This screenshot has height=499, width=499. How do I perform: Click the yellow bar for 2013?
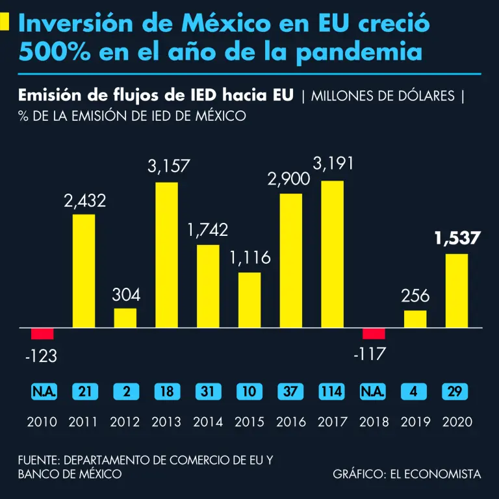click(166, 255)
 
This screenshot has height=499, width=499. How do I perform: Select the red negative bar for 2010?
click(42, 334)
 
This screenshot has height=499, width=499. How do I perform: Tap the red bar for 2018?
click(374, 334)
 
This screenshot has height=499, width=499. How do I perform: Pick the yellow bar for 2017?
click(333, 254)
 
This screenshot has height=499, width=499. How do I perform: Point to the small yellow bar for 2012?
click(125, 318)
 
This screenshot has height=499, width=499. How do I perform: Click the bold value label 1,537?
click(457, 238)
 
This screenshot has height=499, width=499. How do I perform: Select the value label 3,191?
click(333, 164)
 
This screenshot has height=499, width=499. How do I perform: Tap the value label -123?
click(42, 356)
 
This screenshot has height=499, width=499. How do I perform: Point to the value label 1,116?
click(249, 258)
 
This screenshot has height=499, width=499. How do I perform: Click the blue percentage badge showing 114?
click(332, 392)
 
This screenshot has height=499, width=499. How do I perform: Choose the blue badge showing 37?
click(291, 392)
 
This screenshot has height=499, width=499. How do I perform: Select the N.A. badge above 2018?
click(374, 392)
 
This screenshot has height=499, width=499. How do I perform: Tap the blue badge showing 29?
click(457, 392)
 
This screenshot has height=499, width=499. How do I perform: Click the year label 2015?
click(249, 422)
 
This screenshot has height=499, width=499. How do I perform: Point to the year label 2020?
click(457, 422)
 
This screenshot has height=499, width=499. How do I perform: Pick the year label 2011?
click(83, 422)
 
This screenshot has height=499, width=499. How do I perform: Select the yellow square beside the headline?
click(5, 22)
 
